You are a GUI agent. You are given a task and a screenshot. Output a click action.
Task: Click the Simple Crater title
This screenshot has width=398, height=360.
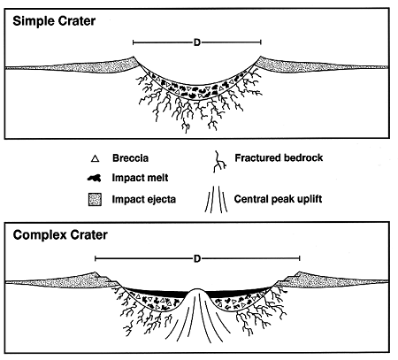pyautogui.click(x=54, y=21)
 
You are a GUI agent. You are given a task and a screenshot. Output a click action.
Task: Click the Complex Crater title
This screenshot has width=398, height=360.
pyautogui.click(x=60, y=235)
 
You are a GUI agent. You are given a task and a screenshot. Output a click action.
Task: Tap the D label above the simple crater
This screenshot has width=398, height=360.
pyautogui.click(x=197, y=42)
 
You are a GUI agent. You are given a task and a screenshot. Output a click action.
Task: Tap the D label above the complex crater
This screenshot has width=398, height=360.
pyautogui.click(x=197, y=258)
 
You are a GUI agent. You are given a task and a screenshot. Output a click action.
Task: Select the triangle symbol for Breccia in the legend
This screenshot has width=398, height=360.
pyautogui.click(x=95, y=159)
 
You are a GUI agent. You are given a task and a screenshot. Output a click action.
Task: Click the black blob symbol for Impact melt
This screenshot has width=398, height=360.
pyautogui.click(x=95, y=178)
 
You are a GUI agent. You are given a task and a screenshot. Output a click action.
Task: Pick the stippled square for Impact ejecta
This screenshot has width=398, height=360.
pyautogui.click(x=95, y=200)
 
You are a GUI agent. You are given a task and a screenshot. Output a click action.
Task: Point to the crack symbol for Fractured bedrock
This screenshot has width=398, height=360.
pyautogui.click(x=219, y=161)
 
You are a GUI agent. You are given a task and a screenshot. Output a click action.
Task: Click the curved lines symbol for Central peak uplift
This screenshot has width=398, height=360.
pyautogui.click(x=216, y=199)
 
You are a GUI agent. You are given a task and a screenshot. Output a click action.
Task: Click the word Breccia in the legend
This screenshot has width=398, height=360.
pyautogui.click(x=130, y=158)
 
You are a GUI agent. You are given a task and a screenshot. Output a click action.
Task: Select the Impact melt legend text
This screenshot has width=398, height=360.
pyautogui.click(x=140, y=178)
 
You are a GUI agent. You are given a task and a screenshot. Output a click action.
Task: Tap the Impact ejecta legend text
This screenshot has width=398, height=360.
pyautogui.click(x=144, y=200)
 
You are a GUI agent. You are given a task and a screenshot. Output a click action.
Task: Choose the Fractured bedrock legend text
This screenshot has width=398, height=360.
pyautogui.click(x=279, y=158)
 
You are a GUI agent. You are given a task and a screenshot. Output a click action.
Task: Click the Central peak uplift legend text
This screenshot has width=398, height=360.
pyautogui.click(x=278, y=199)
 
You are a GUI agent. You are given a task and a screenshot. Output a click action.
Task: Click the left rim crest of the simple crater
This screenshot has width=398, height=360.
pyautogui.click(x=133, y=57)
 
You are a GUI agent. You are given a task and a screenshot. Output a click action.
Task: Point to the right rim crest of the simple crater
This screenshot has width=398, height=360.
pyautogui.click(x=261, y=57)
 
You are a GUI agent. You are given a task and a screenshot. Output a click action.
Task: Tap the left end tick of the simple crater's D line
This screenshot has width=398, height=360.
pyautogui.click(x=134, y=42)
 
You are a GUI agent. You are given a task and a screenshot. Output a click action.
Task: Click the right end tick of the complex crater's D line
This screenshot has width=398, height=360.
pyautogui.click(x=300, y=258)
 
